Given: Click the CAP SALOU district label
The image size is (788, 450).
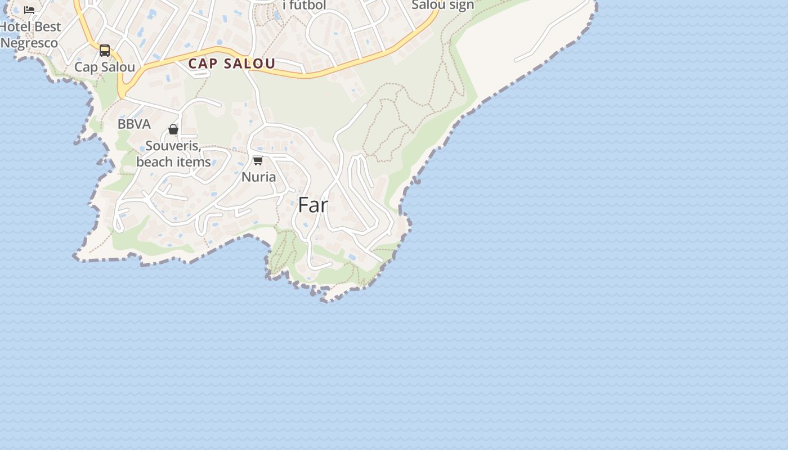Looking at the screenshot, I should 231,64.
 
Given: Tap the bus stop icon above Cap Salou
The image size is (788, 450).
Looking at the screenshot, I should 105,51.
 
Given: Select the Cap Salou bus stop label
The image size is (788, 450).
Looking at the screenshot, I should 105,67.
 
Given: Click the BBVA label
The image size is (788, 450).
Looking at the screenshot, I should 134,124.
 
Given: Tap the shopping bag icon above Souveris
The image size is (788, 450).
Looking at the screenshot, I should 173,130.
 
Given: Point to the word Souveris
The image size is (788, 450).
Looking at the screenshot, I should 172,146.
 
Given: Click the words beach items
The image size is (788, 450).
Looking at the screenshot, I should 173,162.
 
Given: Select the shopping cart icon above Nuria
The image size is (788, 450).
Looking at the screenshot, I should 258,161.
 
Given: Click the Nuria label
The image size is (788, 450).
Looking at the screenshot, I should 258,177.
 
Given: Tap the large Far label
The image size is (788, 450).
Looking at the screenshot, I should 313,205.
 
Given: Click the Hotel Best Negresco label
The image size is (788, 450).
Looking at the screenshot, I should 30,35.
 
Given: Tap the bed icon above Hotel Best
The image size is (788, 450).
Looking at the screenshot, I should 29,10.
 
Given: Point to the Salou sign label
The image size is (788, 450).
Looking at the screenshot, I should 443,5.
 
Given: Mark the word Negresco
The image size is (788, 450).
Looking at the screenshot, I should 29,43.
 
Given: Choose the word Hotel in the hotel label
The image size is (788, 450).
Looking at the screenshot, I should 15,27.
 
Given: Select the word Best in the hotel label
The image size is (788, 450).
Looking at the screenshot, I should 47,27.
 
